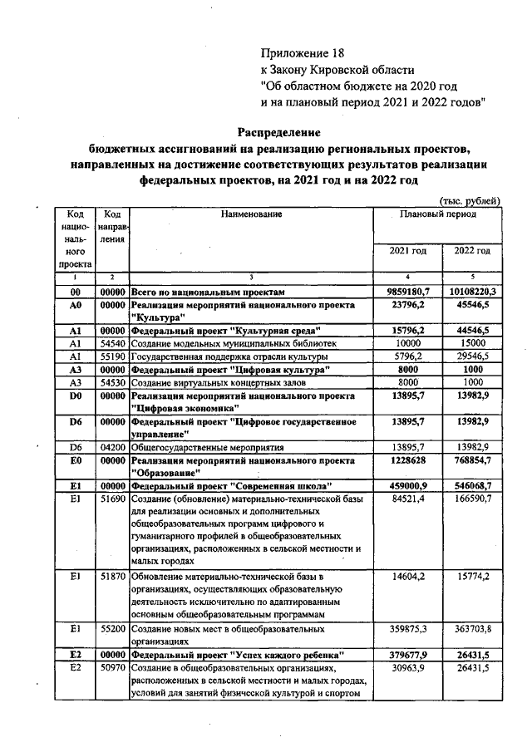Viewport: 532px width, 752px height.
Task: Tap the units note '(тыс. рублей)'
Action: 469,200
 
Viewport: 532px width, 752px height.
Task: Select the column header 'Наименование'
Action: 252,214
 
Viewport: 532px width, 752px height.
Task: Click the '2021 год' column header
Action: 408,250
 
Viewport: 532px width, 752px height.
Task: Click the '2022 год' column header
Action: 472,250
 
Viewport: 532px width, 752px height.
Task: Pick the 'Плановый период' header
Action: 438,214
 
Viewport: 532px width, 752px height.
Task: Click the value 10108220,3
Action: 472,292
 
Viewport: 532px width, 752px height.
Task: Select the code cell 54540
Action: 111,342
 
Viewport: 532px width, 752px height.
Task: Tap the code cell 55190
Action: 111,355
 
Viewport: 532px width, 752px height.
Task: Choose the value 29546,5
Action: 472,355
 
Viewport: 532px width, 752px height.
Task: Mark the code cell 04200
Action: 111,447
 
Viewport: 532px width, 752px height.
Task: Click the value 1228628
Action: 408,460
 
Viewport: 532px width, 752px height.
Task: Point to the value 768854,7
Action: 472,460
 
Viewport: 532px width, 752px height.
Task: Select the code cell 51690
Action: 111,498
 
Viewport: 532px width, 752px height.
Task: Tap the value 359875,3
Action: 408,629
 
